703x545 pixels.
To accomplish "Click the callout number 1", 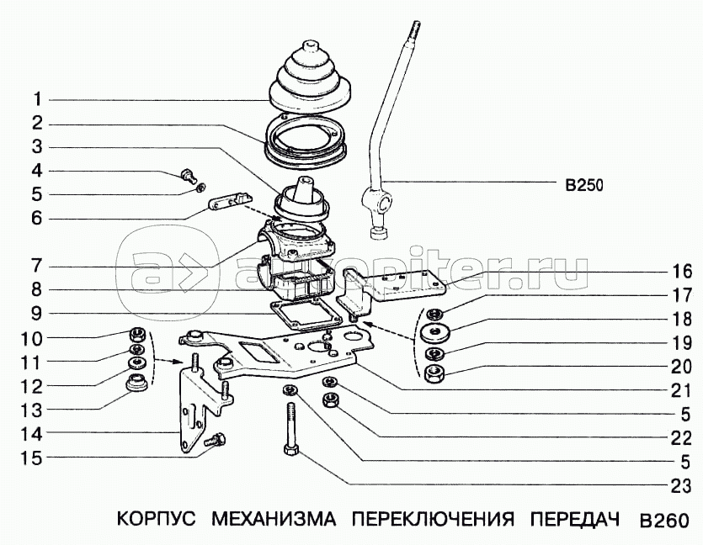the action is click(x=37, y=99).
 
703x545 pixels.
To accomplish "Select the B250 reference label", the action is click(x=584, y=185).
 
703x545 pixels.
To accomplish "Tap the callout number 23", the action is click(x=681, y=486).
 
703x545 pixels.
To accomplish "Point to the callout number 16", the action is click(x=682, y=271).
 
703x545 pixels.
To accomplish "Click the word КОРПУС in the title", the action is click(x=157, y=519).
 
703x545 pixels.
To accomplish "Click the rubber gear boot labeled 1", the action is click(x=310, y=77).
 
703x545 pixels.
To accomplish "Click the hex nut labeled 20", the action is click(x=434, y=373).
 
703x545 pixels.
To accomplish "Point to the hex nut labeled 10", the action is click(x=136, y=335).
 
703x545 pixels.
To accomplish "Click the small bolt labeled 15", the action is click(x=215, y=439).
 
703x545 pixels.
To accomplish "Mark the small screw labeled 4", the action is click(x=189, y=176).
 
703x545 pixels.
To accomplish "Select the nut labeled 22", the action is click(x=330, y=399).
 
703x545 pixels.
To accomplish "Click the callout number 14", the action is click(x=30, y=434).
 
